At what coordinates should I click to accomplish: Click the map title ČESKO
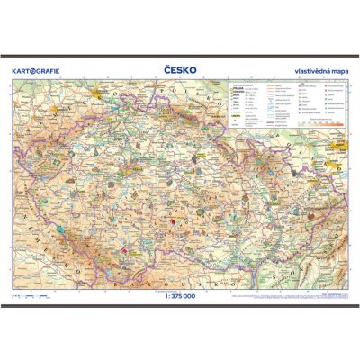pos(179,69)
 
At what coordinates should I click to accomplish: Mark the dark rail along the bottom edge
pos(180,307)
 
